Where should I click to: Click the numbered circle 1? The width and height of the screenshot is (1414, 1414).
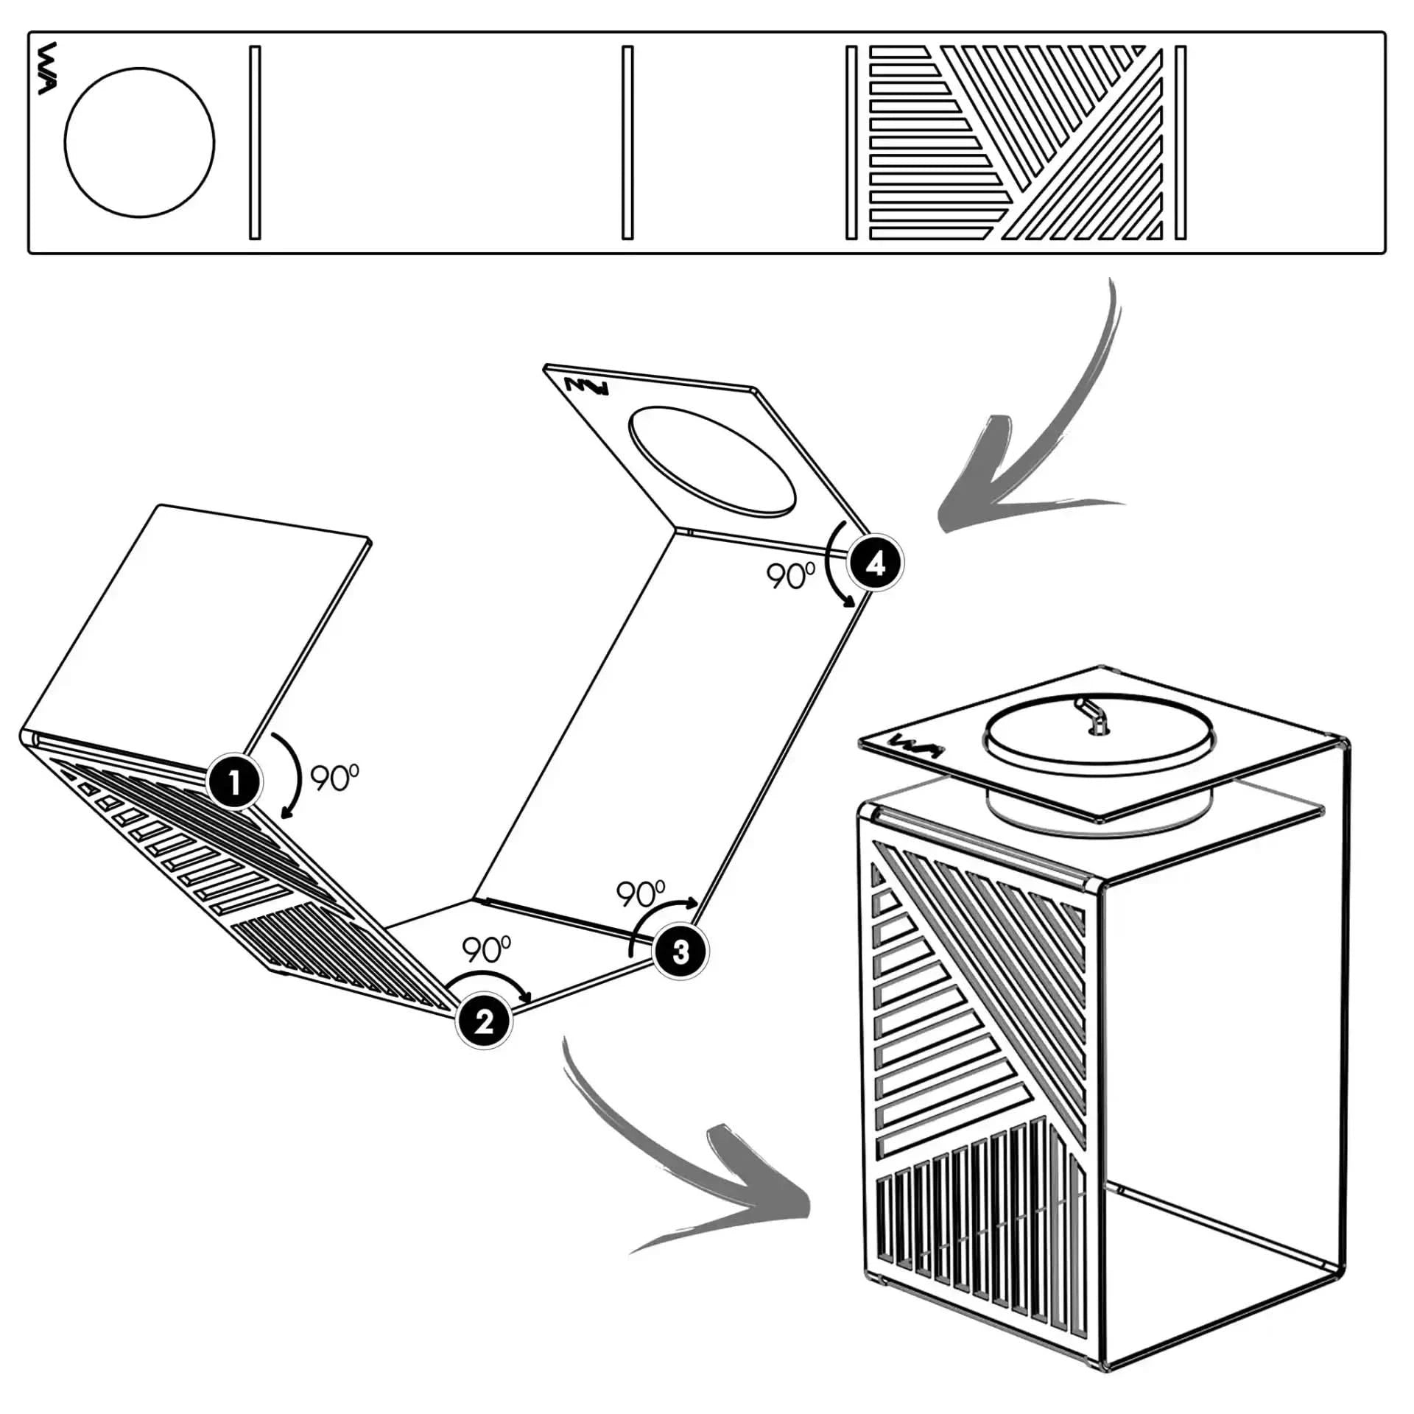[x=234, y=782]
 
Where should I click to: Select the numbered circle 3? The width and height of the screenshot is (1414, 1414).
[x=680, y=952]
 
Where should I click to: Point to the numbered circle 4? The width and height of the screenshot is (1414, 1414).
[x=874, y=563]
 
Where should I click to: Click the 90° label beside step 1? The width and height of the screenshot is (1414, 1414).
[x=334, y=778]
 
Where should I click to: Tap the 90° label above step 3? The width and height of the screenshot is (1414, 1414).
[x=640, y=894]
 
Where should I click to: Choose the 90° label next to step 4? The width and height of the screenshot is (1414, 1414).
[x=791, y=577]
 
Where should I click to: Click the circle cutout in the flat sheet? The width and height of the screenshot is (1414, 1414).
[x=139, y=142]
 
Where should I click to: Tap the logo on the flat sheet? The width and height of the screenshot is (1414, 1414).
[x=46, y=68]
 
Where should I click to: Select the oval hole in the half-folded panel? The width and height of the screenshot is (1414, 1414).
[x=711, y=459]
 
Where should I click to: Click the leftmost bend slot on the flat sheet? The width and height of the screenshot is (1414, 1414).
[x=255, y=142]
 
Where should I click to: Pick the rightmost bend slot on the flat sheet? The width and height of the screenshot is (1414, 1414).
[x=1180, y=142]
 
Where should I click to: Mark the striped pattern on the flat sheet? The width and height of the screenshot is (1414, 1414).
[x=1016, y=142]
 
